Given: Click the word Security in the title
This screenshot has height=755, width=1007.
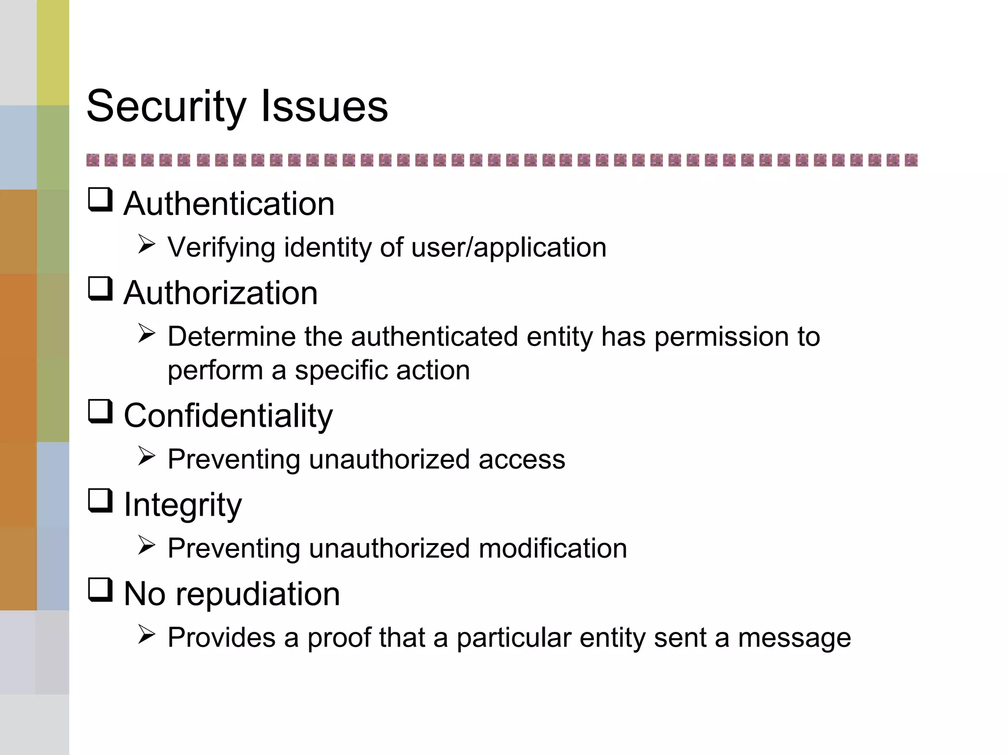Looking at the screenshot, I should tap(166, 107).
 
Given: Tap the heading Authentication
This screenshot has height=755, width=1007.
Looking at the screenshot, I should tap(229, 203).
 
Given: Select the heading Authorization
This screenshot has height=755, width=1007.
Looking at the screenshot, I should tap(220, 293).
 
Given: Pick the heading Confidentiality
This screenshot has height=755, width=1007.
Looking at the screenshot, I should tap(228, 416).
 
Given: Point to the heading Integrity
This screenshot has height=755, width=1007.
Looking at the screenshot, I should tap(182, 505).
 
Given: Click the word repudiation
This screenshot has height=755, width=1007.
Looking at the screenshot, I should tap(258, 594).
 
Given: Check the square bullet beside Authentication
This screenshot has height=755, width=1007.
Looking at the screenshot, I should tap(100, 200).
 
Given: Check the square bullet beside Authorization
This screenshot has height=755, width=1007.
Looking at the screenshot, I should tap(100, 289).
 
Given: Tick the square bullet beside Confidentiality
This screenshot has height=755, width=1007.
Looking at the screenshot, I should tap(100, 411).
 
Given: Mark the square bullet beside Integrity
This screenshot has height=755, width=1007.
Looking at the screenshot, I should tap(100, 501).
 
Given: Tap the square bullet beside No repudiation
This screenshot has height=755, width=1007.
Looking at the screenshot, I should tap(100, 590).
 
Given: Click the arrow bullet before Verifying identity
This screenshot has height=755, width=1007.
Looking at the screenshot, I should tap(147, 244).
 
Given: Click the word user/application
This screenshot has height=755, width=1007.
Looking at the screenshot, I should tap(509, 247).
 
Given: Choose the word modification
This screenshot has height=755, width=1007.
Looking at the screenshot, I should tap(553, 549).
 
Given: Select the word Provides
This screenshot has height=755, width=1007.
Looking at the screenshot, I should tap(221, 638).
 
